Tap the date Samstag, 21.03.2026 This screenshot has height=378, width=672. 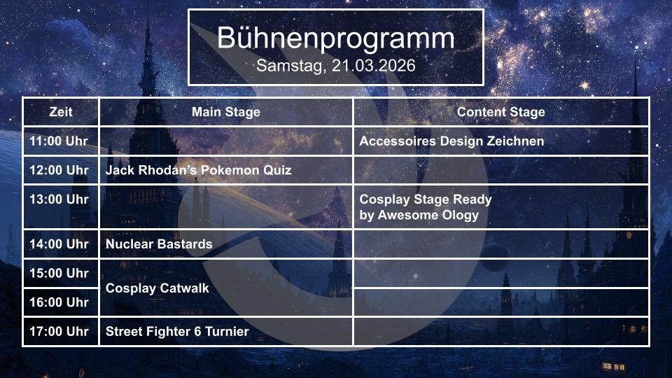335,66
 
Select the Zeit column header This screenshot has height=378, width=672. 61,112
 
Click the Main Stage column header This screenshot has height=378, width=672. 226,112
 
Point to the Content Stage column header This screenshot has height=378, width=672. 501,112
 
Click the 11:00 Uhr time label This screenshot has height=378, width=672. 59,141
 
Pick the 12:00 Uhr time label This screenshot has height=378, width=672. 59,170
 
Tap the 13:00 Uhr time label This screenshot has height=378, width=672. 59,199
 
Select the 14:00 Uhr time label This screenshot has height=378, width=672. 59,244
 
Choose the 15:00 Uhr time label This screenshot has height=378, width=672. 59,273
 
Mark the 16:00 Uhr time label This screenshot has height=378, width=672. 59,302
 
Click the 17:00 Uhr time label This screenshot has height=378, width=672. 59,331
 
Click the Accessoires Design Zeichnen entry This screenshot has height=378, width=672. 451,141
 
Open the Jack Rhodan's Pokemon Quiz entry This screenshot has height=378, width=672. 198,170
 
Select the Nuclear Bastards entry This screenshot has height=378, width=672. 159,244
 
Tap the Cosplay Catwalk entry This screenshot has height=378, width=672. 157,288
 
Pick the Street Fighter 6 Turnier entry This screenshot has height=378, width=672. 177,332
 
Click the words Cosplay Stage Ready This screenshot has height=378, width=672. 426,199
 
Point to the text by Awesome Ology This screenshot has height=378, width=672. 419,215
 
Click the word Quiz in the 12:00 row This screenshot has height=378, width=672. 277,170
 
